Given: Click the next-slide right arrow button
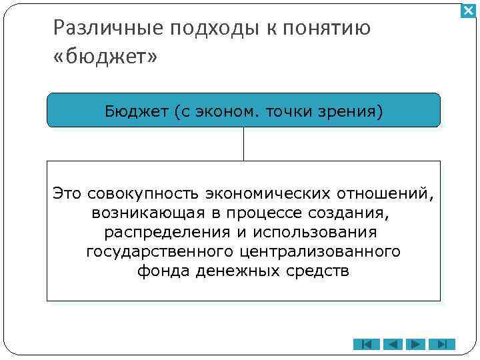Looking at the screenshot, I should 417,345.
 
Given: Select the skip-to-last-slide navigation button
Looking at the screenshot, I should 441,345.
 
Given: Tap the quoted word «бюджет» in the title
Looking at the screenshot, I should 105,58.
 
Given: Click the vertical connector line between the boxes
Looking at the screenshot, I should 243,143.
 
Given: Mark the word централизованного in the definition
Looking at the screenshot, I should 320,252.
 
